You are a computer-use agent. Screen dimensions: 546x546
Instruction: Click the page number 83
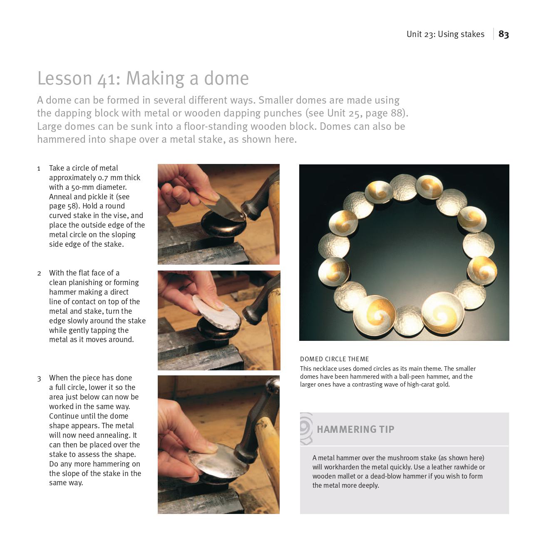tap(504, 34)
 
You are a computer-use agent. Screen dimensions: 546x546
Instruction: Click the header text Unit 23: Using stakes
tap(445, 34)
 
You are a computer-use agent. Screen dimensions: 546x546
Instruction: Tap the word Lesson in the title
tap(65, 78)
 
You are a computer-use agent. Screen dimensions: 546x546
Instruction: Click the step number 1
tap(39, 169)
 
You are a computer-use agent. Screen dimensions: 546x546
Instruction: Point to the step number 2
tap(39, 273)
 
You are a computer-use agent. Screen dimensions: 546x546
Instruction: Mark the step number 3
tap(39, 378)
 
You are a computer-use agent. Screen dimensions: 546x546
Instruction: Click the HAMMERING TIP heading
tap(355, 429)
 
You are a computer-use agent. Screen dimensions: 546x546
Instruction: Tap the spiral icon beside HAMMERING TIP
tap(306, 428)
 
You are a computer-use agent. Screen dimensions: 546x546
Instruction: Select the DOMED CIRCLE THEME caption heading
tap(334, 359)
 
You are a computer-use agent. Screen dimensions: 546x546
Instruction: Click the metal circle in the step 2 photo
tap(216, 310)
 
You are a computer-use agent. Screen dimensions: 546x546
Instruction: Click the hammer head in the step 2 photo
tap(256, 312)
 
